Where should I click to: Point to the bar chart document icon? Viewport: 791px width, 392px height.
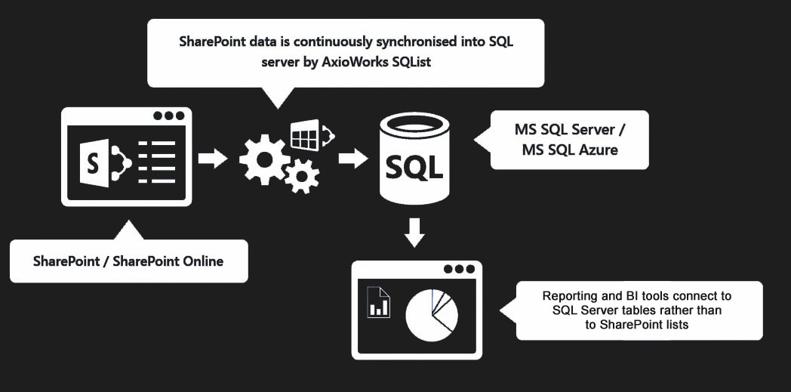coord(378,302)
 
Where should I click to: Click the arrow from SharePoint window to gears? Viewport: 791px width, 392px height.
coord(212,159)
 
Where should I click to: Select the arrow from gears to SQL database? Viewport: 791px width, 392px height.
coord(352,159)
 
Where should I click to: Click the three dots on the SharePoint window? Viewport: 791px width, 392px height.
coord(168,116)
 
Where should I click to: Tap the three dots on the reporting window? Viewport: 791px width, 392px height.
coord(460,268)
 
